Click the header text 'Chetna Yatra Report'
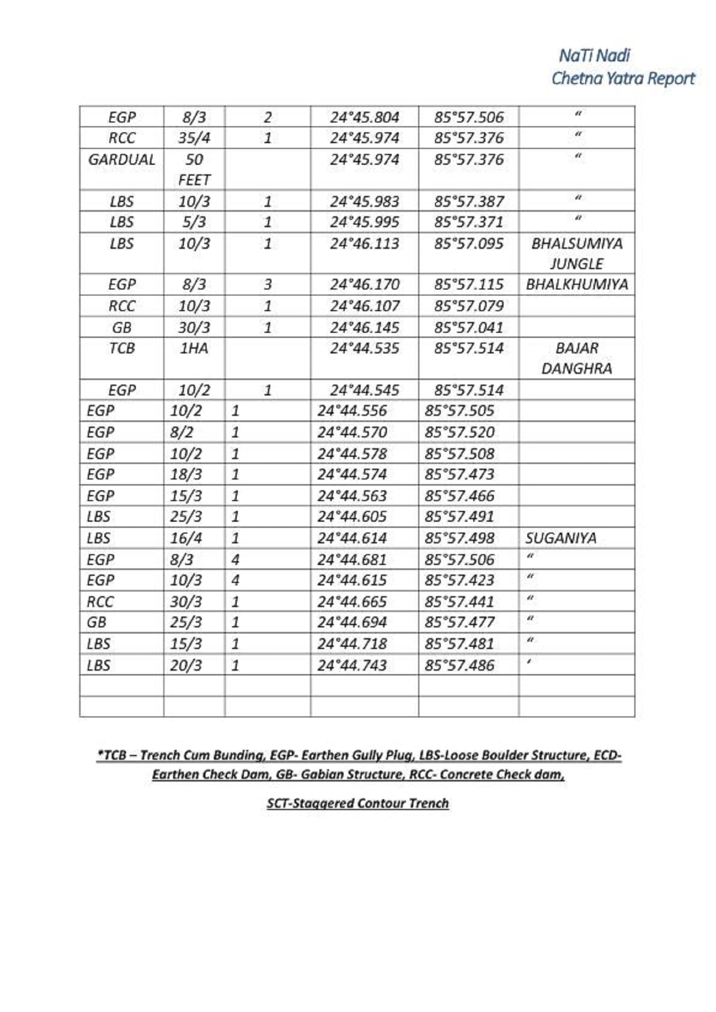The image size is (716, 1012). click(x=622, y=78)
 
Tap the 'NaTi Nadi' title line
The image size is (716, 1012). click(x=594, y=55)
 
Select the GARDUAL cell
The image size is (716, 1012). click(x=122, y=160)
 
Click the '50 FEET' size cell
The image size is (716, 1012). click(x=194, y=169)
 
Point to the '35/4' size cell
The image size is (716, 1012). click(x=194, y=138)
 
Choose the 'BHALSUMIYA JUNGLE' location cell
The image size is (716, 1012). click(x=577, y=254)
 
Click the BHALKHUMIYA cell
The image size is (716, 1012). click(x=577, y=284)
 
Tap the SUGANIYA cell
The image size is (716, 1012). click(x=561, y=538)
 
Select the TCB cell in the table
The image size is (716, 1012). click(x=122, y=348)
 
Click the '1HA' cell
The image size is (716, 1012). click(x=194, y=348)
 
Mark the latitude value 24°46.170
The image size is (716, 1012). click(x=364, y=284)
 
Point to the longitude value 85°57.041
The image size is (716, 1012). click(x=469, y=328)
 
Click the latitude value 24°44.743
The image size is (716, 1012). click(x=352, y=665)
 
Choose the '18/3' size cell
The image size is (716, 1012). click(x=186, y=474)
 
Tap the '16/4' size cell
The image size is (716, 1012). click(x=186, y=538)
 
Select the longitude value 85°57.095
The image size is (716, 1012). click(x=469, y=243)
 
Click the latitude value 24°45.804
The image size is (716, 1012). click(x=364, y=117)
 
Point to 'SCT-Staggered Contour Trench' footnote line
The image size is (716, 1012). click(x=358, y=803)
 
